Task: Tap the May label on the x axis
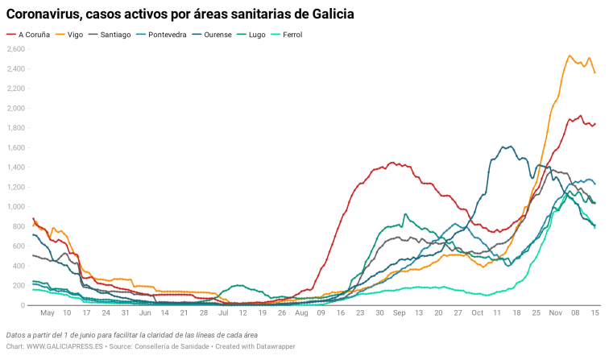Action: [x=47, y=312]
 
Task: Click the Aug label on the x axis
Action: [x=301, y=312]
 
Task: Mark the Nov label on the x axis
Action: [x=555, y=312]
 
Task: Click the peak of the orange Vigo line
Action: [x=570, y=56]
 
